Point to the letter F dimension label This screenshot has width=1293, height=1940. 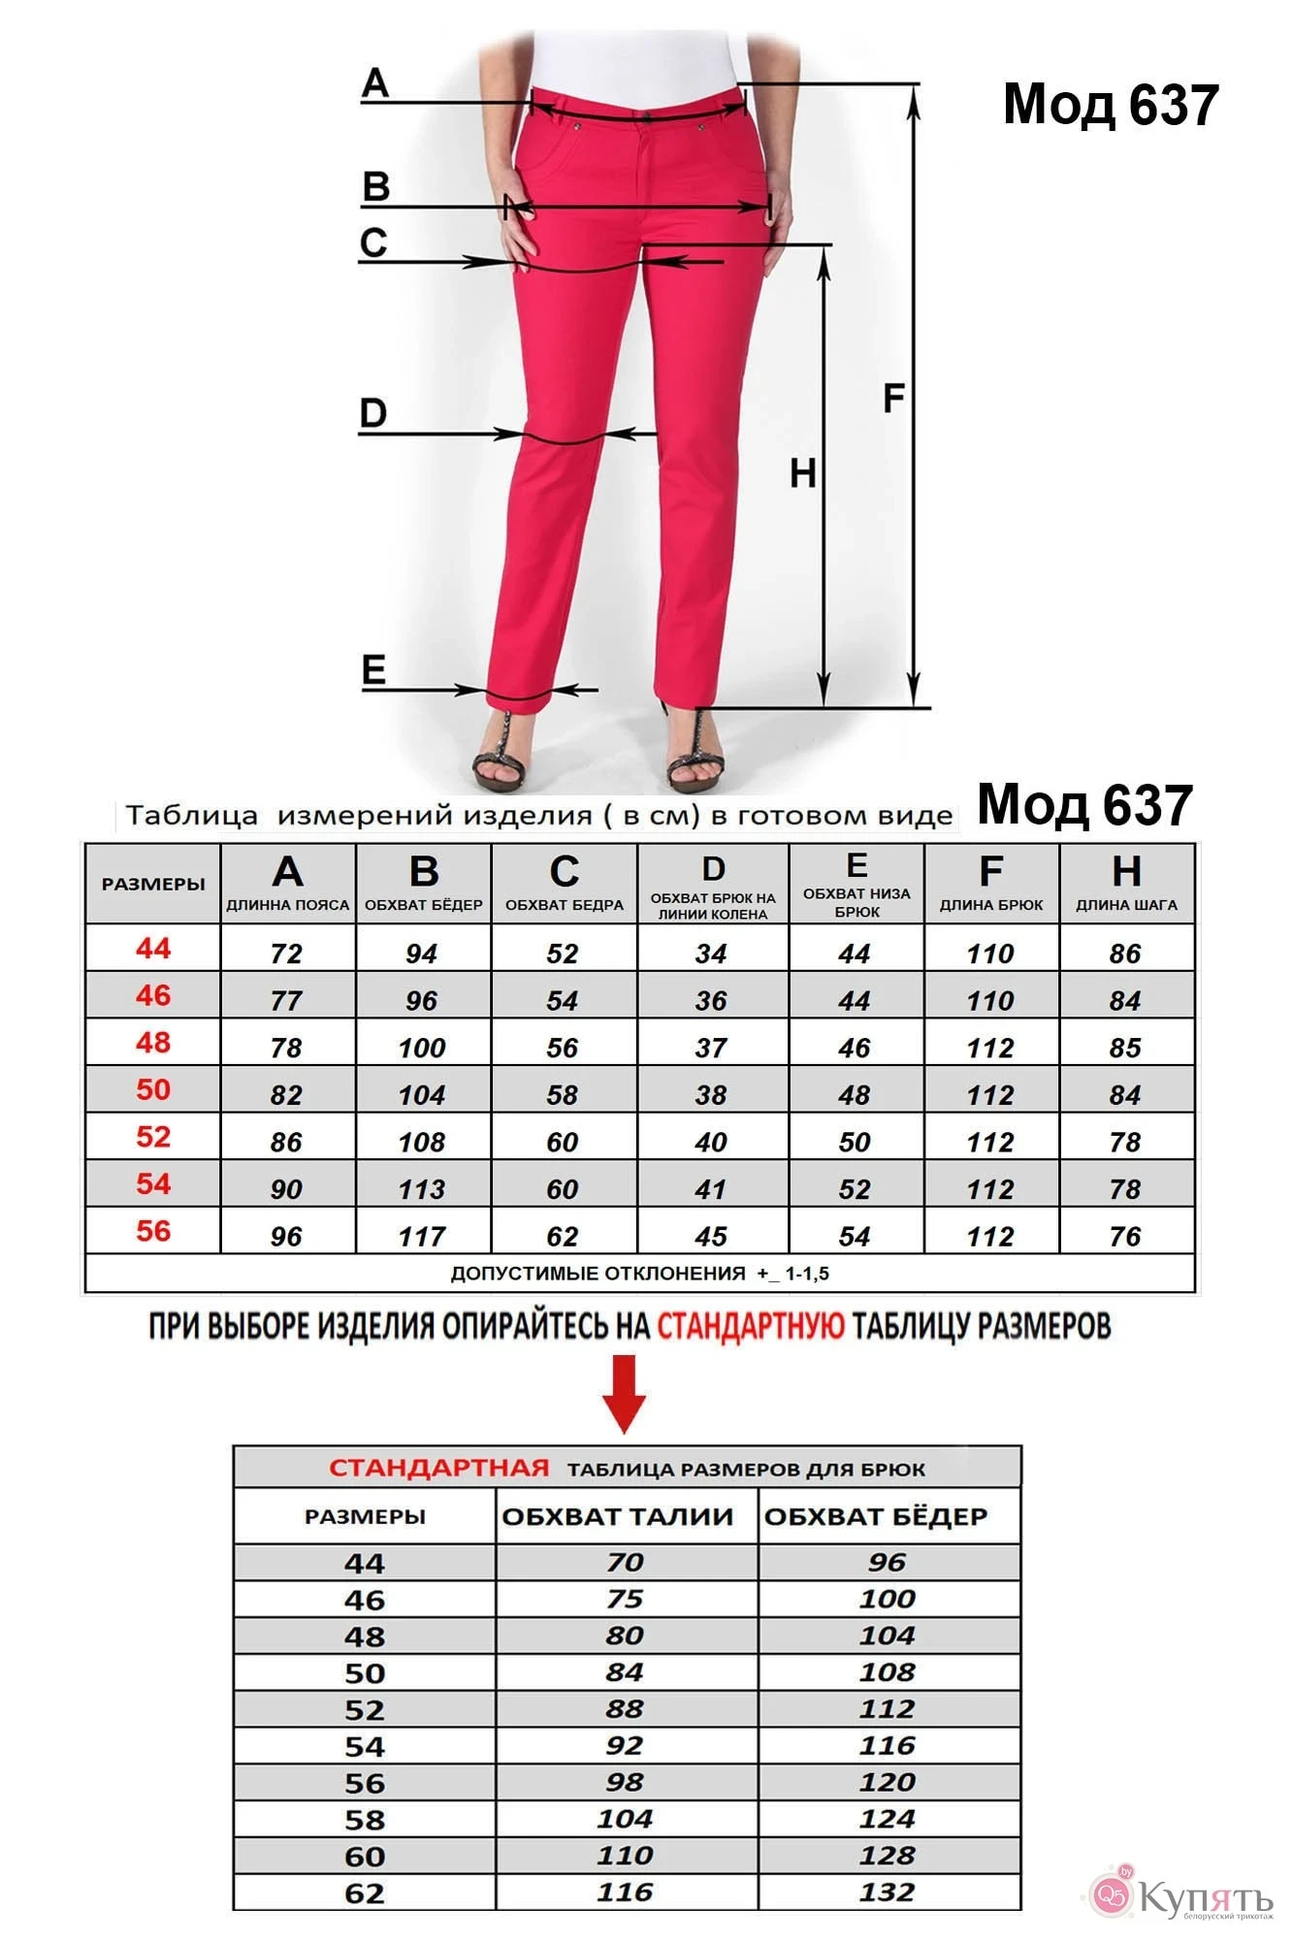893,398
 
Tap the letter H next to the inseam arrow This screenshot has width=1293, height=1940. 802,473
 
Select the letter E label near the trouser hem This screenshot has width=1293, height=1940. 373,669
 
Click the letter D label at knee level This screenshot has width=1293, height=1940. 372,413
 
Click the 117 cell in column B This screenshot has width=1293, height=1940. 422,1236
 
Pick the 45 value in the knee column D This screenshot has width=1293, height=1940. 711,1236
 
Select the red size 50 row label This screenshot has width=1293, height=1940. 153,1089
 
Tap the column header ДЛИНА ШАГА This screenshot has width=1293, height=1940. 1126,904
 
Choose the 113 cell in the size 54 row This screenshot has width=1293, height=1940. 422,1189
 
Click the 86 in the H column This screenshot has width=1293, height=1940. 1125,954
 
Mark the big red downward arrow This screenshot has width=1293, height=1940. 624,1394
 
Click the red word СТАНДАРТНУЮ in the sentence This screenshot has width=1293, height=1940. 750,1326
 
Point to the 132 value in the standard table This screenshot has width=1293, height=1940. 887,1891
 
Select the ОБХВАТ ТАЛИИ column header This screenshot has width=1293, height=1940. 618,1516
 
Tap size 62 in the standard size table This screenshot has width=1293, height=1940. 365,1892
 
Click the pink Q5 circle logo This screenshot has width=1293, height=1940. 1111,1893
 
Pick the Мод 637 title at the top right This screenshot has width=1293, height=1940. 1110,105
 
